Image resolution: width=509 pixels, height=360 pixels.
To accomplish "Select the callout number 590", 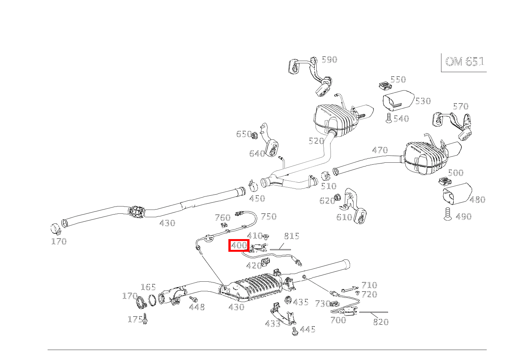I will tap(329, 59).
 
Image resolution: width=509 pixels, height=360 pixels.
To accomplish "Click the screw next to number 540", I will tap(388, 118).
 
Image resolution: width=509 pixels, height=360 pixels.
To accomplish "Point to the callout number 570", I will tap(460, 106).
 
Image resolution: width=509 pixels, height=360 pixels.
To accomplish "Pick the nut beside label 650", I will tap(255, 135).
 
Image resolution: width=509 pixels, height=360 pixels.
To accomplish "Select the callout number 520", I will tap(316, 141).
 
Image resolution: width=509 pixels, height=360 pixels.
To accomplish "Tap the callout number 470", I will tap(380, 150).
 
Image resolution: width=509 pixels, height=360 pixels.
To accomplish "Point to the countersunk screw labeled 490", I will tap(447, 213).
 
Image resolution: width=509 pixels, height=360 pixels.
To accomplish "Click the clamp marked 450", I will tap(253, 186).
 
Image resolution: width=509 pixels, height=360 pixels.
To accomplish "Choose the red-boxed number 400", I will tap(239, 245).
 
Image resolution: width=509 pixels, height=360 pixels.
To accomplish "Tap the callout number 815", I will tap(291, 236).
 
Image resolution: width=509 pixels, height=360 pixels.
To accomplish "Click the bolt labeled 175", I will tap(146, 319).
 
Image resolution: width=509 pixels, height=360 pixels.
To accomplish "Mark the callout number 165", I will tap(148, 287).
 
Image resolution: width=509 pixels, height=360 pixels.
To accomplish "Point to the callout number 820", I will tap(380, 322).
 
